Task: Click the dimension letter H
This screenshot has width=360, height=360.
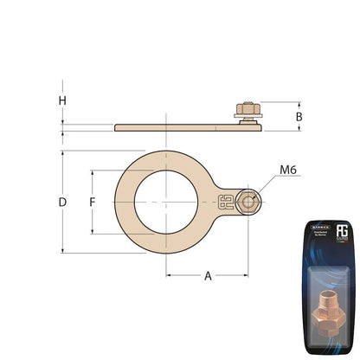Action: coord(62,100)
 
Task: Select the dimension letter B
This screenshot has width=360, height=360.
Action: coord(299,115)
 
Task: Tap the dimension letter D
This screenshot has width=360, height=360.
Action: coord(62,202)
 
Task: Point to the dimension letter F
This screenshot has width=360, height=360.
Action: coord(92,202)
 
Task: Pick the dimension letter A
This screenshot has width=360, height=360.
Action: coord(208,276)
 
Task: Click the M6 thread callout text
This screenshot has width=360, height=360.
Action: coord(289,170)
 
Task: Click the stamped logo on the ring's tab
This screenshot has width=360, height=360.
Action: coord(228,203)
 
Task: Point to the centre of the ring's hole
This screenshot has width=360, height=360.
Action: coord(165,202)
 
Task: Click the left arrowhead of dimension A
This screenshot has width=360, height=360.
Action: coord(169,276)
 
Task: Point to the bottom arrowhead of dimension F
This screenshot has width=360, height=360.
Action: coord(92,231)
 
